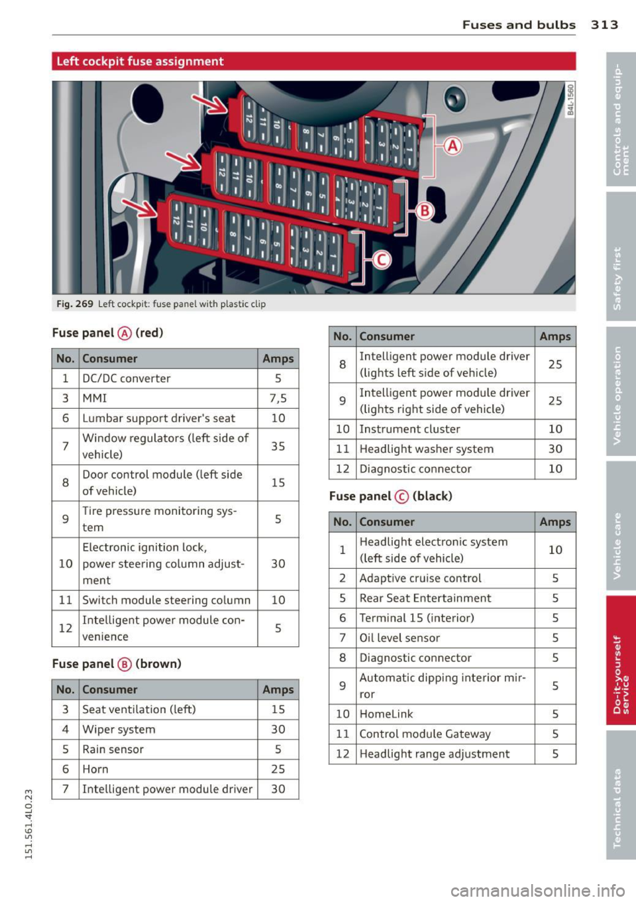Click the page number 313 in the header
tap(604, 25)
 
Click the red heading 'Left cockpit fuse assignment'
tap(140, 62)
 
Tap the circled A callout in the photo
tap(452, 146)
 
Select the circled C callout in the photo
tap(382, 260)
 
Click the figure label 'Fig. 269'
tap(75, 304)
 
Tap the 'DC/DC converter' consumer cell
tap(127, 378)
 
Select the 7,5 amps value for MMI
tap(278, 398)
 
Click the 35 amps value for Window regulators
tap(278, 446)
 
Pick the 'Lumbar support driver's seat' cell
tap(159, 418)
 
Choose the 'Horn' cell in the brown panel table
tap(95, 769)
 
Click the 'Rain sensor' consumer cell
tap(113, 750)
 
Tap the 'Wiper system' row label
tap(119, 730)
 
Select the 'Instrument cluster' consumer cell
tap(409, 429)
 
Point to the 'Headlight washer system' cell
tap(426, 449)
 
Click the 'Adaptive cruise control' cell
tap(420, 579)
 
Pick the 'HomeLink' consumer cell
tap(386, 714)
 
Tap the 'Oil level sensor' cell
tap(399, 638)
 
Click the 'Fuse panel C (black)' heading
tap(390, 496)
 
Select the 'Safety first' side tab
tap(618, 278)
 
